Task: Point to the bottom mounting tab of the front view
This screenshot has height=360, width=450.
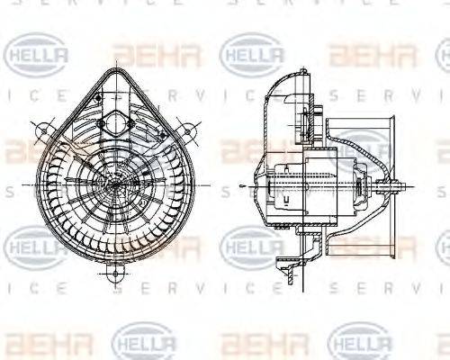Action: pos(115,271)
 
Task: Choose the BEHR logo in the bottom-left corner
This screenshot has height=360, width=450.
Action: pos(36,343)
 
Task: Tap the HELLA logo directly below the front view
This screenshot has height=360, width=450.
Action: pos(144,342)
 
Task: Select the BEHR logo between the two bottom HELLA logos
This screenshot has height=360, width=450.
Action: pos(253,343)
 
